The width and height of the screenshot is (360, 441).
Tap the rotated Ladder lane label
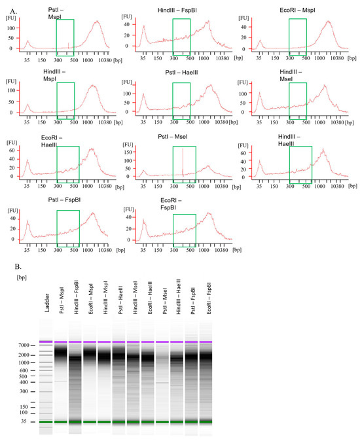click(46, 319)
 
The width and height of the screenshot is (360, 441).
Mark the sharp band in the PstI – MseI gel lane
click(162, 383)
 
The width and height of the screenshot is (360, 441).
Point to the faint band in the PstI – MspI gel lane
click(61, 381)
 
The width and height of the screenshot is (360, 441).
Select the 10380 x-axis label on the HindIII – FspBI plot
click(221, 57)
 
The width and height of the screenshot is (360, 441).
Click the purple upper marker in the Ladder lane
click(46, 342)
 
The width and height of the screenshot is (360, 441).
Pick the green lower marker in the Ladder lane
click(46, 422)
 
